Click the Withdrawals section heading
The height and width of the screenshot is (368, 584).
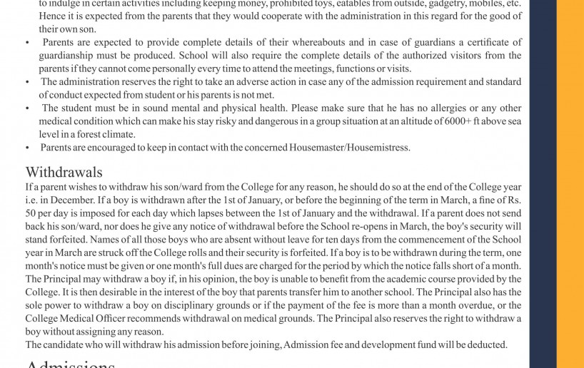pos(64,173)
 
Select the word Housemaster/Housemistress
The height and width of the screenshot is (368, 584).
pos(349,148)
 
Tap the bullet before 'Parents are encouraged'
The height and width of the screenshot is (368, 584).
pos(27,148)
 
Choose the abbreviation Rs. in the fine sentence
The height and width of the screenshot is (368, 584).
pos(513,200)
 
